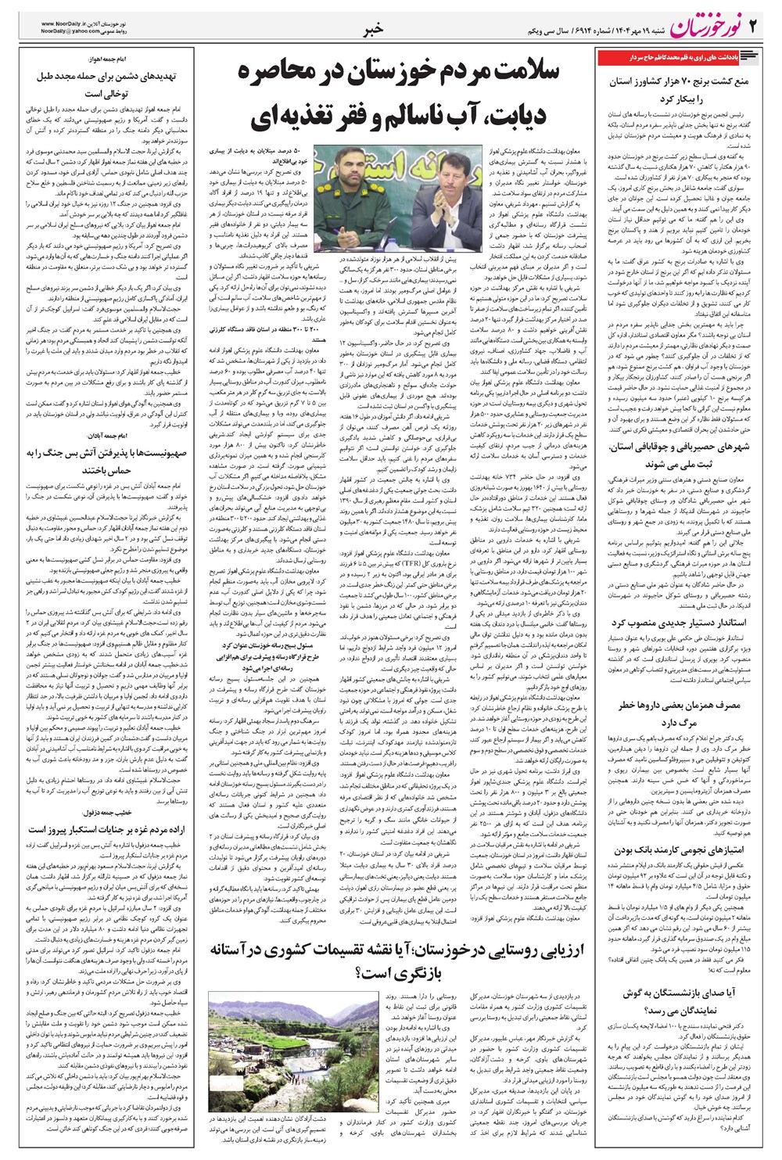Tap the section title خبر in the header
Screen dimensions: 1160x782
(373, 30)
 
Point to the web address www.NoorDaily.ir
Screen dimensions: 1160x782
(69, 23)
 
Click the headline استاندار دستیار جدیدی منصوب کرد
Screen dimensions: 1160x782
(679, 623)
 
